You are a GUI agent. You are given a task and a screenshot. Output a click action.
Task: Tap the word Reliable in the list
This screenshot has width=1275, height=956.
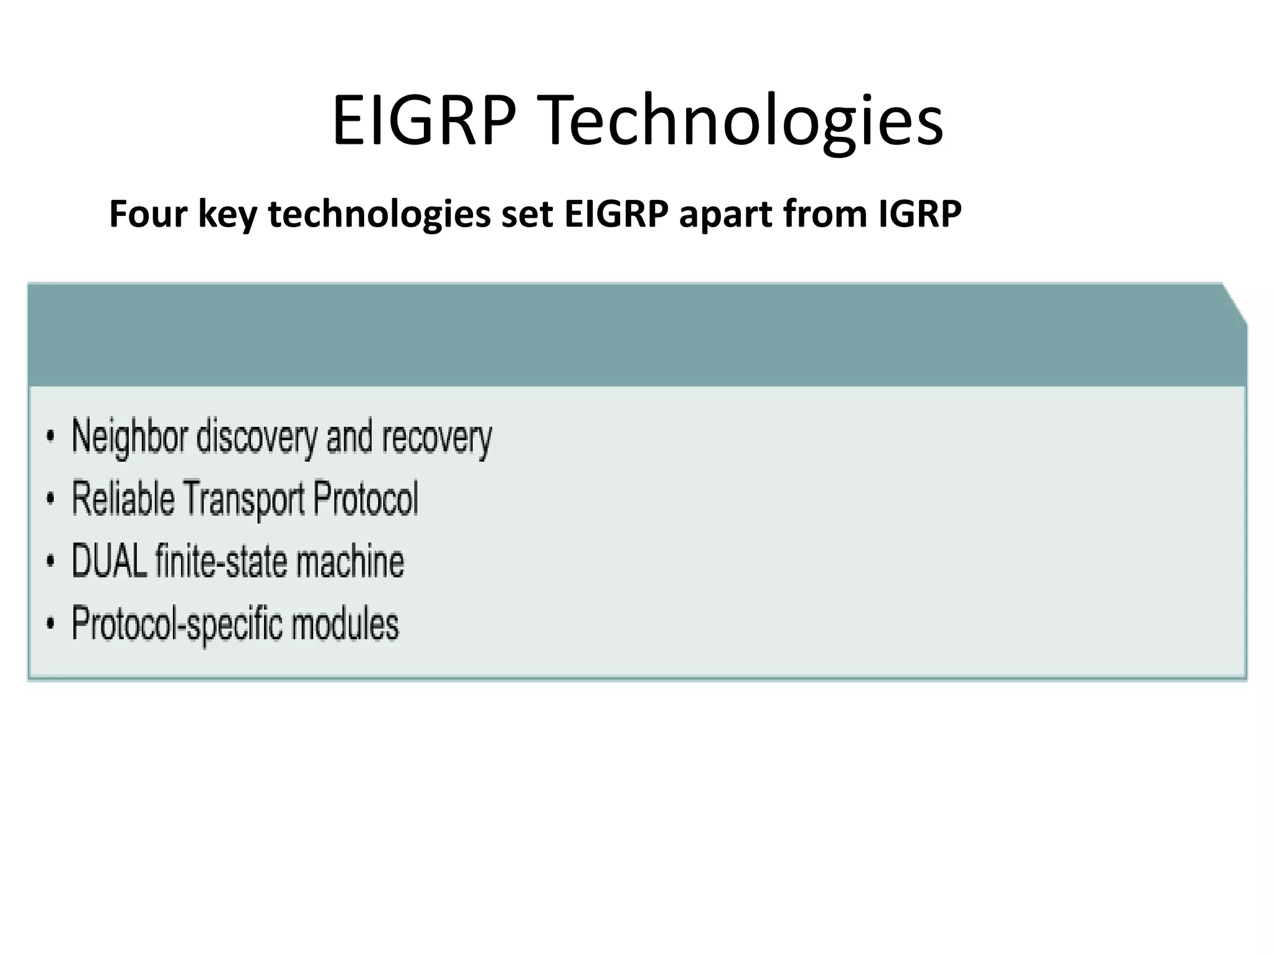tap(123, 499)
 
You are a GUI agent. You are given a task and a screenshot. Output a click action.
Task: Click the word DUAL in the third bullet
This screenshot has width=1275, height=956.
tap(110, 561)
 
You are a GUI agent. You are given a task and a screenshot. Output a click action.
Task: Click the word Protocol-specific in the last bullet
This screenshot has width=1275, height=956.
tap(177, 624)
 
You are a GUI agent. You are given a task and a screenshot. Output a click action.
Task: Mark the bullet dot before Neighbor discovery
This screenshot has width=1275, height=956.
tap(50, 437)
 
